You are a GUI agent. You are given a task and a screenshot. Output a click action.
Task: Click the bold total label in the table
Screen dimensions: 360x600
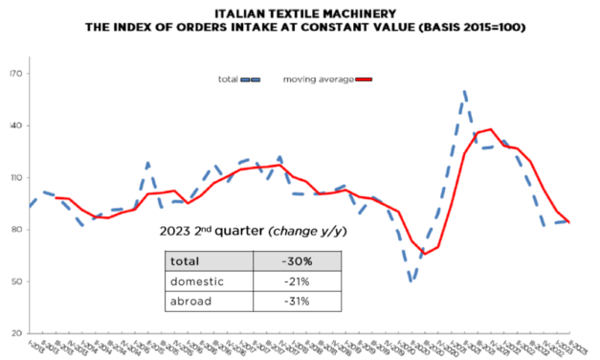(x=186, y=260)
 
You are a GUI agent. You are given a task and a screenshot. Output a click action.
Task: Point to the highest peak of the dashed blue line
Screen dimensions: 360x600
(x=464, y=92)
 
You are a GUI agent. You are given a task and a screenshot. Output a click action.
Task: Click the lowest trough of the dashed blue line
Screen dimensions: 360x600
(x=411, y=281)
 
